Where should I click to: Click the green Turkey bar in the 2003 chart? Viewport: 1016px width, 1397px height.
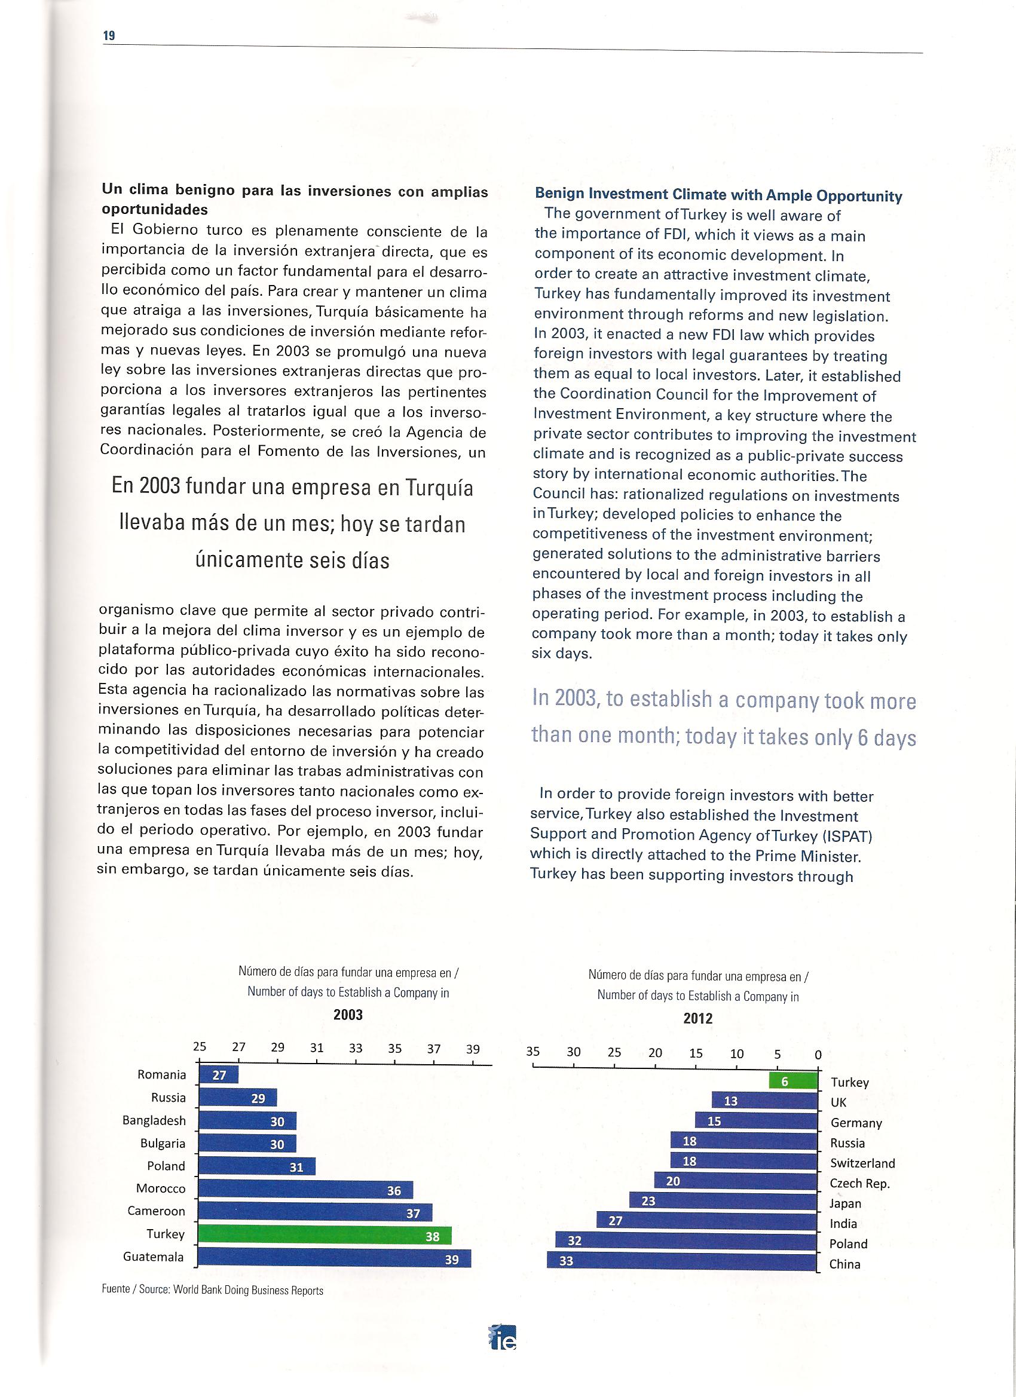point(325,1236)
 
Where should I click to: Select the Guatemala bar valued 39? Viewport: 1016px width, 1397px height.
point(334,1258)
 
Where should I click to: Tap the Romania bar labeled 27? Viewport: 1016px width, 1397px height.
point(219,1076)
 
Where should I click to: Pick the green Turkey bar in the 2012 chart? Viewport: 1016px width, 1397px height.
point(792,1081)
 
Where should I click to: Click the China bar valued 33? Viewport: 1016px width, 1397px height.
point(681,1261)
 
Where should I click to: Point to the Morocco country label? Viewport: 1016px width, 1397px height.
point(161,1189)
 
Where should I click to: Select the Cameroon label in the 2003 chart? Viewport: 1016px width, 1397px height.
point(156,1211)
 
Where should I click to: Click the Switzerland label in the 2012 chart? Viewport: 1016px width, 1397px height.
point(862,1163)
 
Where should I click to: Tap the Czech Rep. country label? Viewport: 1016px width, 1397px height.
point(860,1183)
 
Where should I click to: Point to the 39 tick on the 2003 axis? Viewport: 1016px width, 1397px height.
point(473,1049)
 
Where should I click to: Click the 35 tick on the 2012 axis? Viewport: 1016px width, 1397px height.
point(533,1052)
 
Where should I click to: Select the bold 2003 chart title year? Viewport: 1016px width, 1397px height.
point(348,1015)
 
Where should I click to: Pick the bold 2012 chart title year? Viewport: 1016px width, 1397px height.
point(697,1019)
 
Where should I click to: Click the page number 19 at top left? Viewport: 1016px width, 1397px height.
point(109,36)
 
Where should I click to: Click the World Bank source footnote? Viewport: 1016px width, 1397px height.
point(213,1290)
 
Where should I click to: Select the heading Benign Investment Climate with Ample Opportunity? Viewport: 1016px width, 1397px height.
point(718,196)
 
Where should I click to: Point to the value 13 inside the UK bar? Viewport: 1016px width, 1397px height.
point(731,1101)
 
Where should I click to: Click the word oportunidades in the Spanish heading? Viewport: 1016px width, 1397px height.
point(155,209)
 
